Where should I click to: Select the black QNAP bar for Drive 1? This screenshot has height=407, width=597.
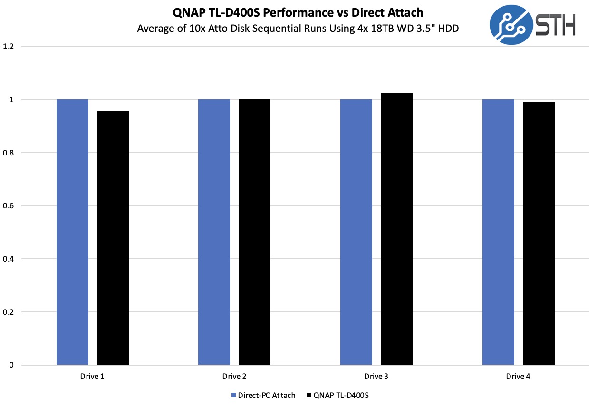point(113,238)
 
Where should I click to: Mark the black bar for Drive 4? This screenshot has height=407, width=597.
point(539,233)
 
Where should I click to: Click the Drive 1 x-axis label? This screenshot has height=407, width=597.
point(92,377)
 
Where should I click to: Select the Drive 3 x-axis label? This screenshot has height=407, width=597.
point(376,377)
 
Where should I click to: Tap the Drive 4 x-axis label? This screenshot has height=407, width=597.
point(518,377)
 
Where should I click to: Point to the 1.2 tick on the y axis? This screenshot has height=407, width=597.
point(9,47)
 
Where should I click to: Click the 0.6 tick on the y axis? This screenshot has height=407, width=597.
point(9,206)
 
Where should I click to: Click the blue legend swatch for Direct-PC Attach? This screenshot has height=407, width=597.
point(233,395)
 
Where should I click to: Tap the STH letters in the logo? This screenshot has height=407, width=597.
point(555,25)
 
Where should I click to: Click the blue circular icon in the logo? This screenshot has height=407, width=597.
point(510,25)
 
